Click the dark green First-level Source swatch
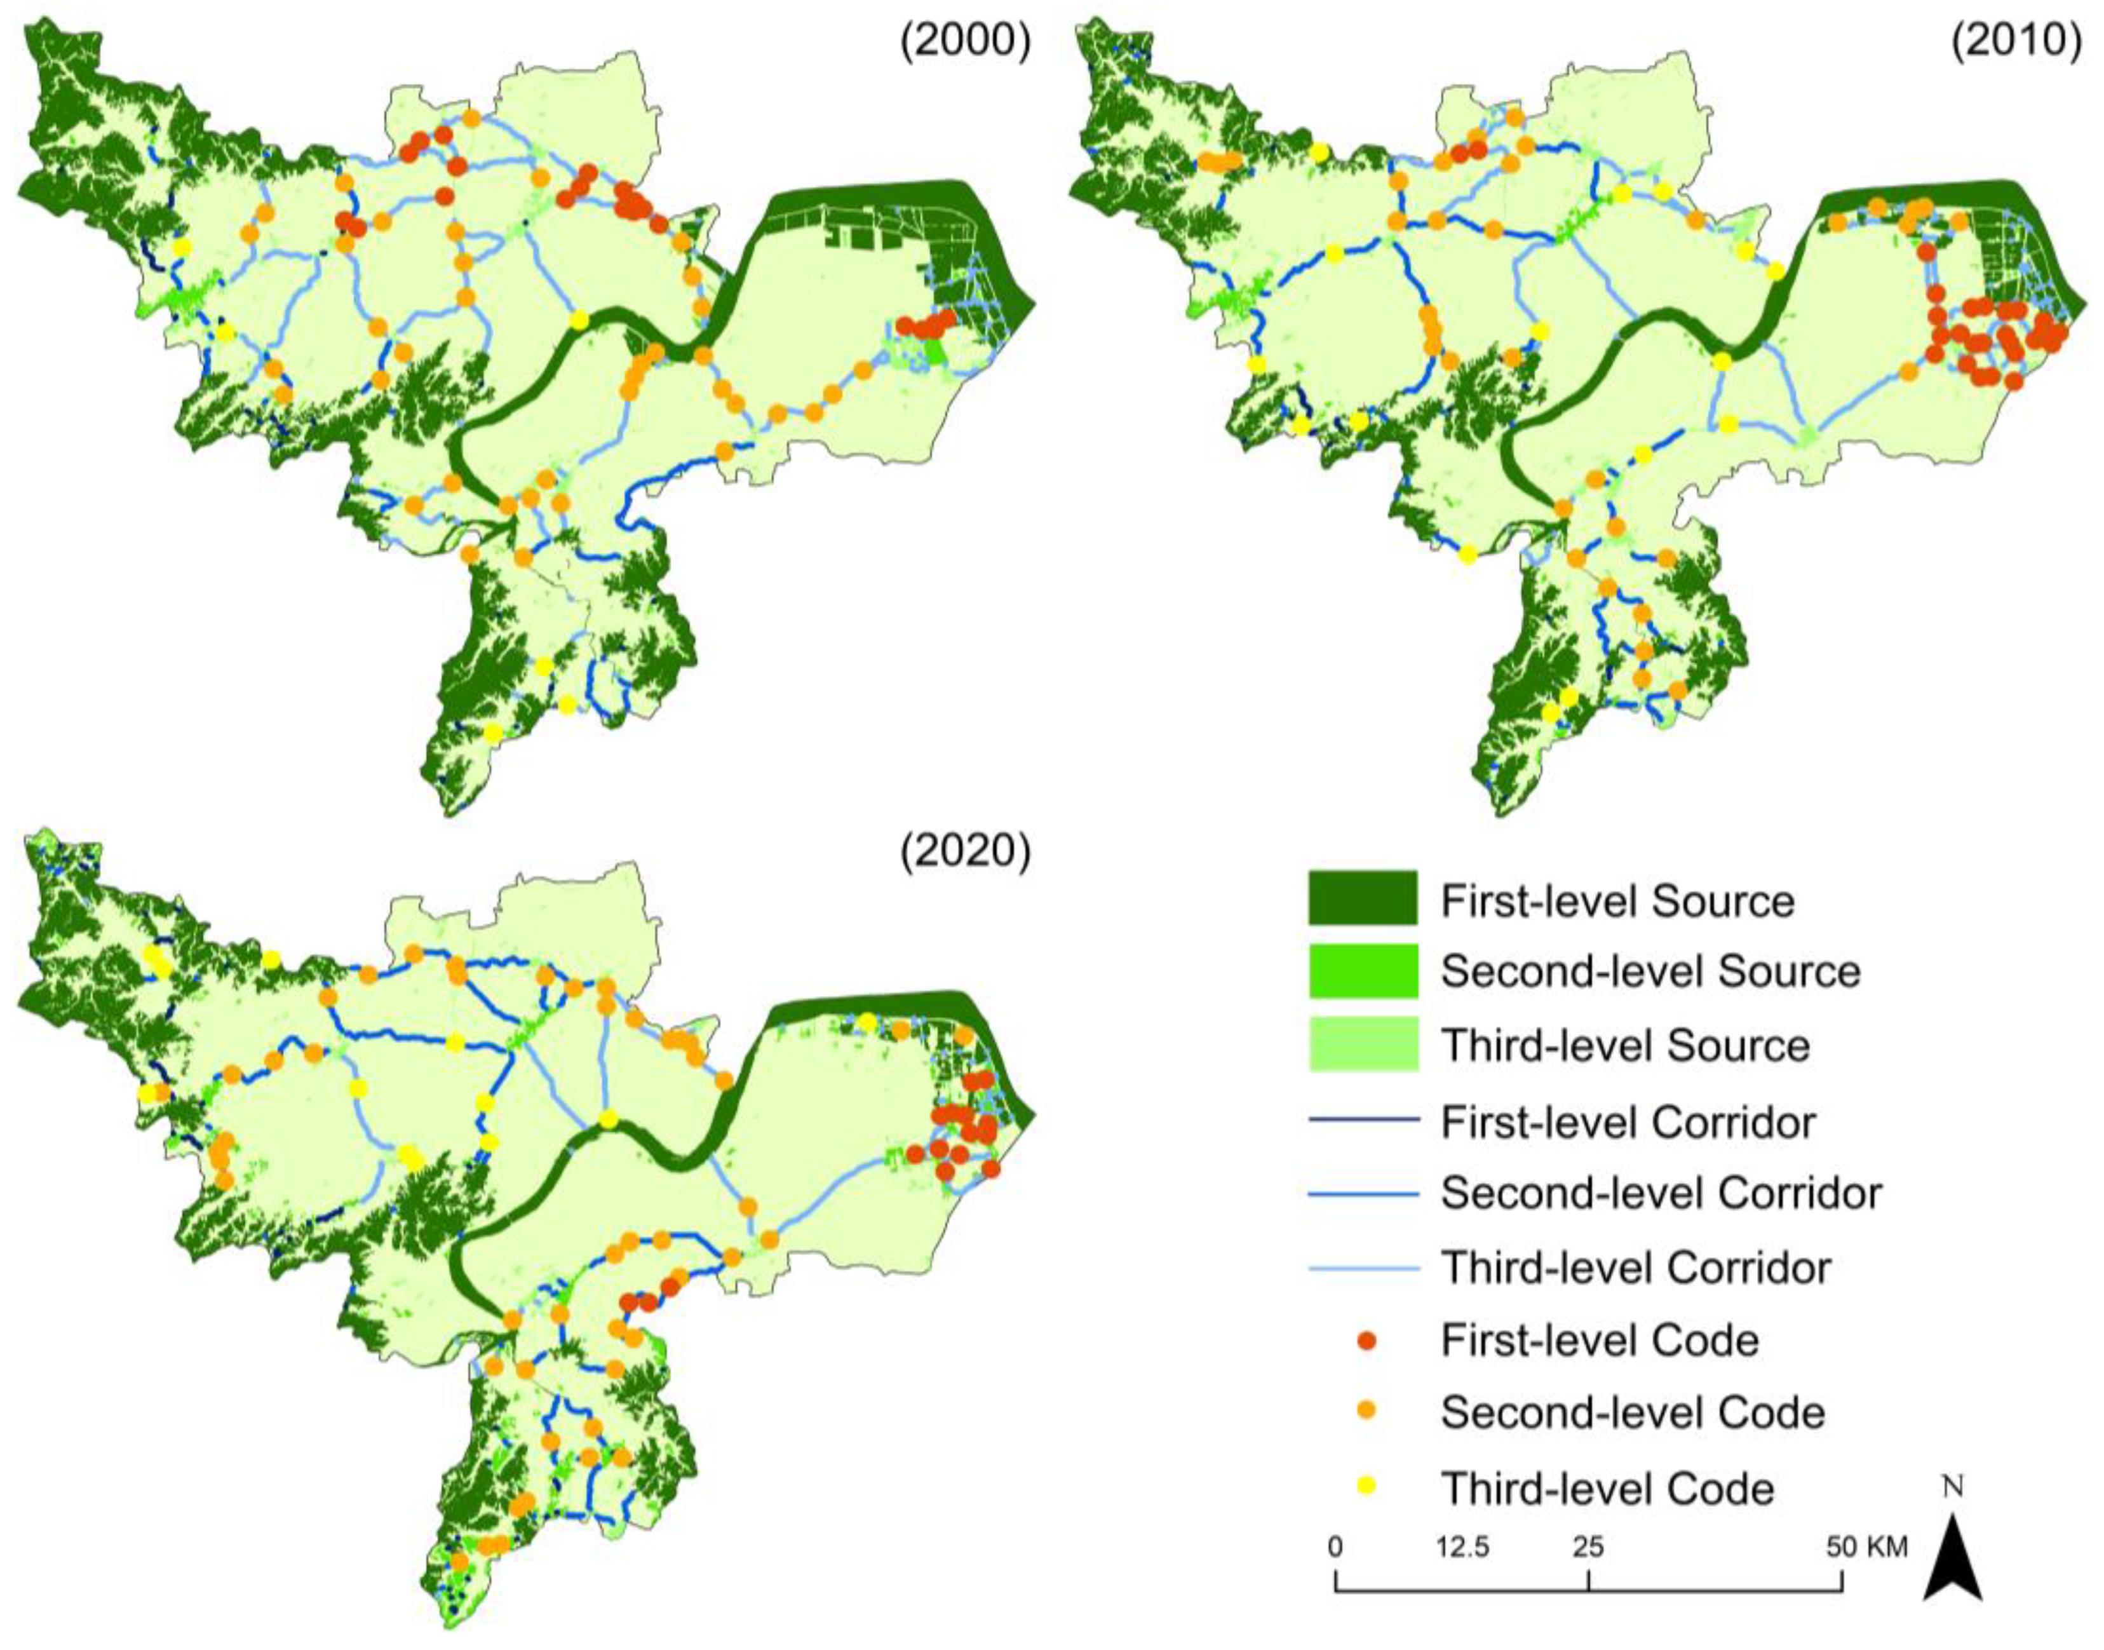pos(1363,898)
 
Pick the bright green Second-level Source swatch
pos(1363,971)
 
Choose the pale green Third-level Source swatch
pos(1363,1045)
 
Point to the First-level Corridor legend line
pos(1363,1121)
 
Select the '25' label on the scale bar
pos(1589,1546)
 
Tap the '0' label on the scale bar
pos(1335,1546)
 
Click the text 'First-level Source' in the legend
pos(1618,900)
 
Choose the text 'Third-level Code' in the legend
pos(1607,1489)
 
